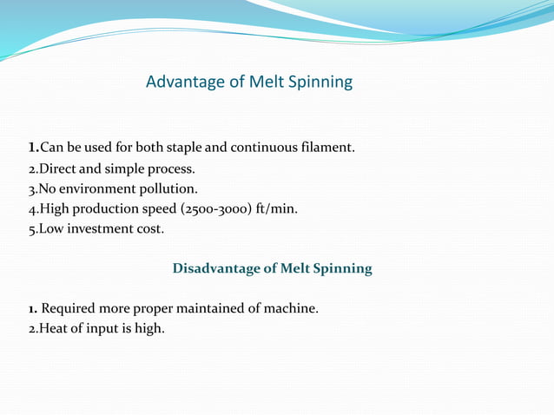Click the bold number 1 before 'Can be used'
pyautogui.click(x=32, y=147)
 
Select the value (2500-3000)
pyautogui.click(x=219, y=209)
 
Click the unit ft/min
pyautogui.click(x=277, y=209)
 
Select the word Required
pyautogui.click(x=69, y=308)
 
